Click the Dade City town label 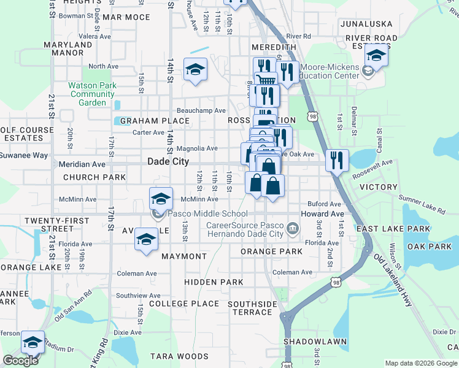click(x=168, y=161)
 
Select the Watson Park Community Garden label click(x=92, y=94)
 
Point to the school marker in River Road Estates click(x=376, y=56)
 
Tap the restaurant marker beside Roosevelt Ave click(x=337, y=160)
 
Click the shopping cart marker click(x=265, y=80)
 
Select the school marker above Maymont click(x=146, y=240)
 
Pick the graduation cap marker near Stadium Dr click(x=33, y=342)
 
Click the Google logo click(x=20, y=361)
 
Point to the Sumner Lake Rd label click(x=422, y=204)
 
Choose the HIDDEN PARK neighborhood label click(x=214, y=282)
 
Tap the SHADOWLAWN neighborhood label click(x=315, y=341)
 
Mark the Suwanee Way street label click(x=24, y=155)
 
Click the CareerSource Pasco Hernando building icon click(x=292, y=229)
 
